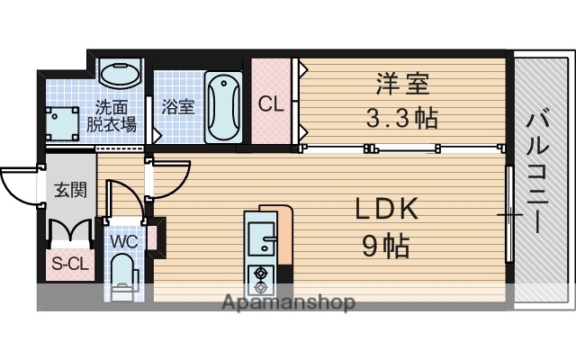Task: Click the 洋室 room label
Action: click(402, 86)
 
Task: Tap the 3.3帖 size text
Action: click(402, 118)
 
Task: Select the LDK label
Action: click(384, 210)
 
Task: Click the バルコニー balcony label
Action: click(540, 172)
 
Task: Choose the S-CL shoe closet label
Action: click(66, 265)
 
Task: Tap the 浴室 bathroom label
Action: click(177, 105)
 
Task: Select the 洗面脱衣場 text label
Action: click(112, 116)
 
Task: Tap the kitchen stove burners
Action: click(262, 280)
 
